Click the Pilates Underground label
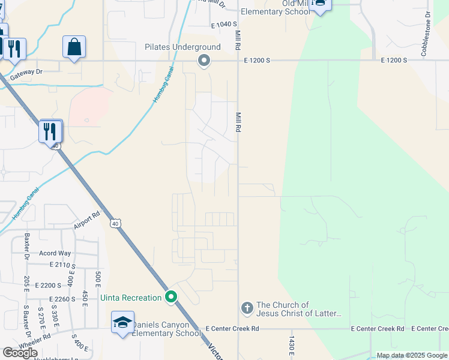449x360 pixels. pyautogui.click(x=182, y=47)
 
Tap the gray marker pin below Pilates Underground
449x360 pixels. pyautogui.click(x=204, y=60)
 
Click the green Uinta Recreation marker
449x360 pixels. pyautogui.click(x=171, y=297)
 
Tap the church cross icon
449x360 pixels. pyautogui.click(x=246, y=308)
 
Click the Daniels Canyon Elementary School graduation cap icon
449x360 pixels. pyautogui.click(x=122, y=322)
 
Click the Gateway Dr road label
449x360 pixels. pyautogui.click(x=47, y=71)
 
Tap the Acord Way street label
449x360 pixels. pyautogui.click(x=55, y=253)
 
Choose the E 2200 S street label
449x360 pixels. pyautogui.click(x=49, y=285)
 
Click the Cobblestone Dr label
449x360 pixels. pyautogui.click(x=426, y=34)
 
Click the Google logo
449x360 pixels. pyautogui.click(x=20, y=353)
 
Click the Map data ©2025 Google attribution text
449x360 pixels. pyautogui.click(x=412, y=356)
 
